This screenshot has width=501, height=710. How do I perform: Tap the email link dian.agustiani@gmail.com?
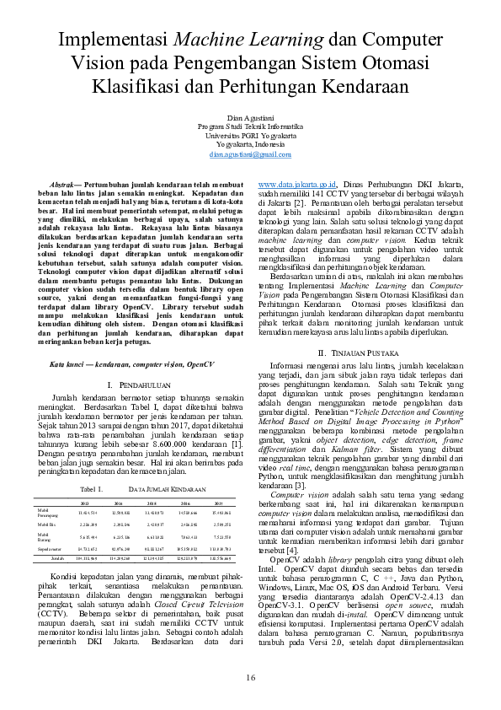tap(250, 154)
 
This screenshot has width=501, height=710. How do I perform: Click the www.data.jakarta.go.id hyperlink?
tap(297, 183)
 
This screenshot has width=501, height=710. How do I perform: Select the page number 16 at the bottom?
tap(250, 680)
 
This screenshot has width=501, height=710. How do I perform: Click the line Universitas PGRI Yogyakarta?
tap(250, 135)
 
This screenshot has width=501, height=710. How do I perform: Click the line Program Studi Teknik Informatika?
tap(250, 126)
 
